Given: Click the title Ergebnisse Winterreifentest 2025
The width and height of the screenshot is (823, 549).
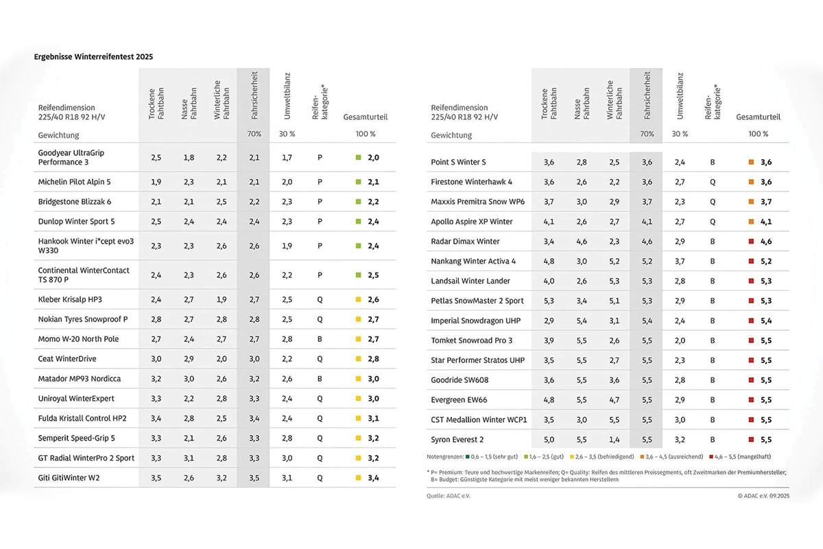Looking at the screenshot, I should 93,57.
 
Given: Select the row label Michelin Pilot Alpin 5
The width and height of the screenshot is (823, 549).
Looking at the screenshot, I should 74,182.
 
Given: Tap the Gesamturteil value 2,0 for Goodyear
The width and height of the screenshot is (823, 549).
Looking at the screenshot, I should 373,157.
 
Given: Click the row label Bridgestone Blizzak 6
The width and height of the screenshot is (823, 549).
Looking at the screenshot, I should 74,202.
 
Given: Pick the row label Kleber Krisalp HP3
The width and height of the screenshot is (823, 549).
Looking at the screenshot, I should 70,300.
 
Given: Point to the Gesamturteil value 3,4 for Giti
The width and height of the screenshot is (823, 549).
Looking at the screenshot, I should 373,478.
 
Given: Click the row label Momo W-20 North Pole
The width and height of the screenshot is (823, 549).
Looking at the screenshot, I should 78,339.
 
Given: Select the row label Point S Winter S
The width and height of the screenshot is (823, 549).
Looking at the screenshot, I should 458,162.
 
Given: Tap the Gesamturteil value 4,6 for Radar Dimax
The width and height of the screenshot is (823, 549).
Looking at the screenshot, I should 766,242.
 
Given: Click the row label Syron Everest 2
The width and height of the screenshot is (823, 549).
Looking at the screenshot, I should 457,439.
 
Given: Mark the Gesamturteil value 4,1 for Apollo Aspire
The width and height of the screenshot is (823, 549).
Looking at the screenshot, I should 766,222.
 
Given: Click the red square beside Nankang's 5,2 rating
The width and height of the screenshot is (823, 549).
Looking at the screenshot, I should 752,261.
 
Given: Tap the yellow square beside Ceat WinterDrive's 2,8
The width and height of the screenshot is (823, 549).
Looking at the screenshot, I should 358,359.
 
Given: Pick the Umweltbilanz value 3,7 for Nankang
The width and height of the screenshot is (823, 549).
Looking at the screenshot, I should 680,261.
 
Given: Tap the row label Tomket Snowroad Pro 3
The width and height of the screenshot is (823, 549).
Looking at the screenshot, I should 472,340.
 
